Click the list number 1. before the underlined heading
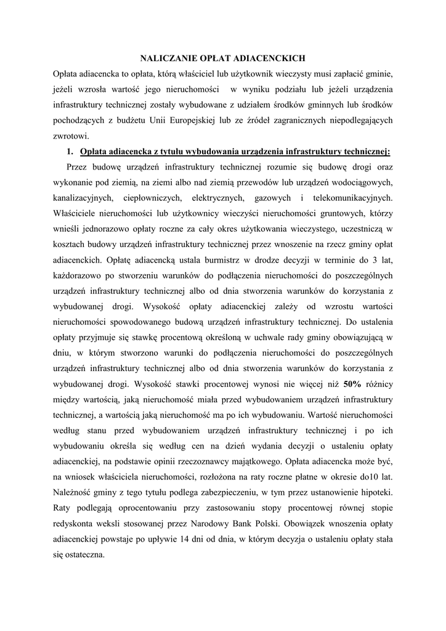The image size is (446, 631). (71, 152)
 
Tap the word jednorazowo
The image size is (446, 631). (97, 229)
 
